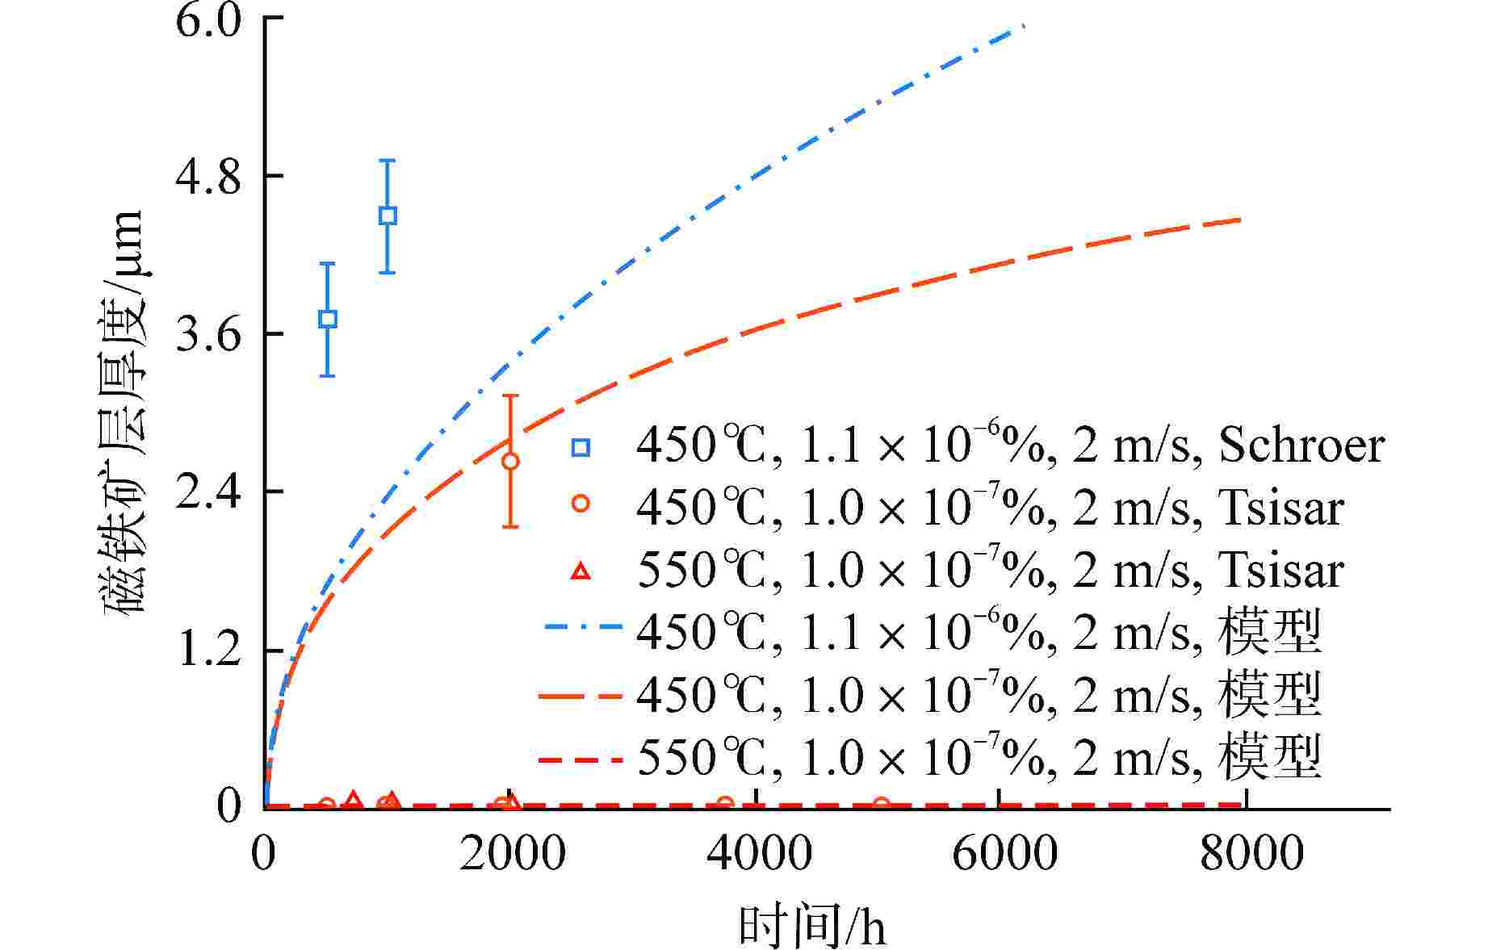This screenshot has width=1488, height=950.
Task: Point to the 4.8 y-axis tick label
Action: [208, 178]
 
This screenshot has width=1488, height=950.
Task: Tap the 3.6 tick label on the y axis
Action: [208, 335]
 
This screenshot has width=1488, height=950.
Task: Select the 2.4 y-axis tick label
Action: [208, 492]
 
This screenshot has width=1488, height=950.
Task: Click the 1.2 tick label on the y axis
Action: [208, 651]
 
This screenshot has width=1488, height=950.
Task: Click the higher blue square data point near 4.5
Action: [388, 216]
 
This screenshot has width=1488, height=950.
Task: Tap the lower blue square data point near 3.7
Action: [327, 319]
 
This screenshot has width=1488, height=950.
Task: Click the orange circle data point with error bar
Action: [510, 461]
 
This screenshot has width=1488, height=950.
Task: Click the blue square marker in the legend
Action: [581, 446]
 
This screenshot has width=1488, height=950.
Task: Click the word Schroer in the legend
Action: [1301, 445]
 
